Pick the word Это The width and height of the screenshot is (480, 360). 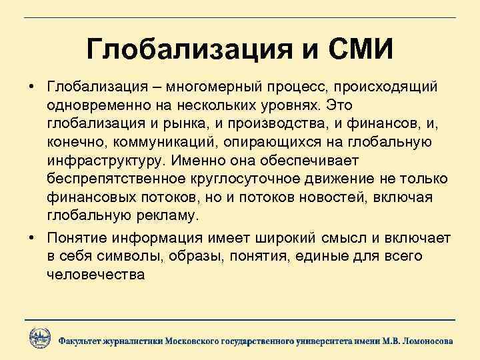340,107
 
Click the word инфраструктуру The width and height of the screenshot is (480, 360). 107,161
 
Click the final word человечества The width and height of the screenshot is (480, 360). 95,274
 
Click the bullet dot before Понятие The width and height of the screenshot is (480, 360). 31,238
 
